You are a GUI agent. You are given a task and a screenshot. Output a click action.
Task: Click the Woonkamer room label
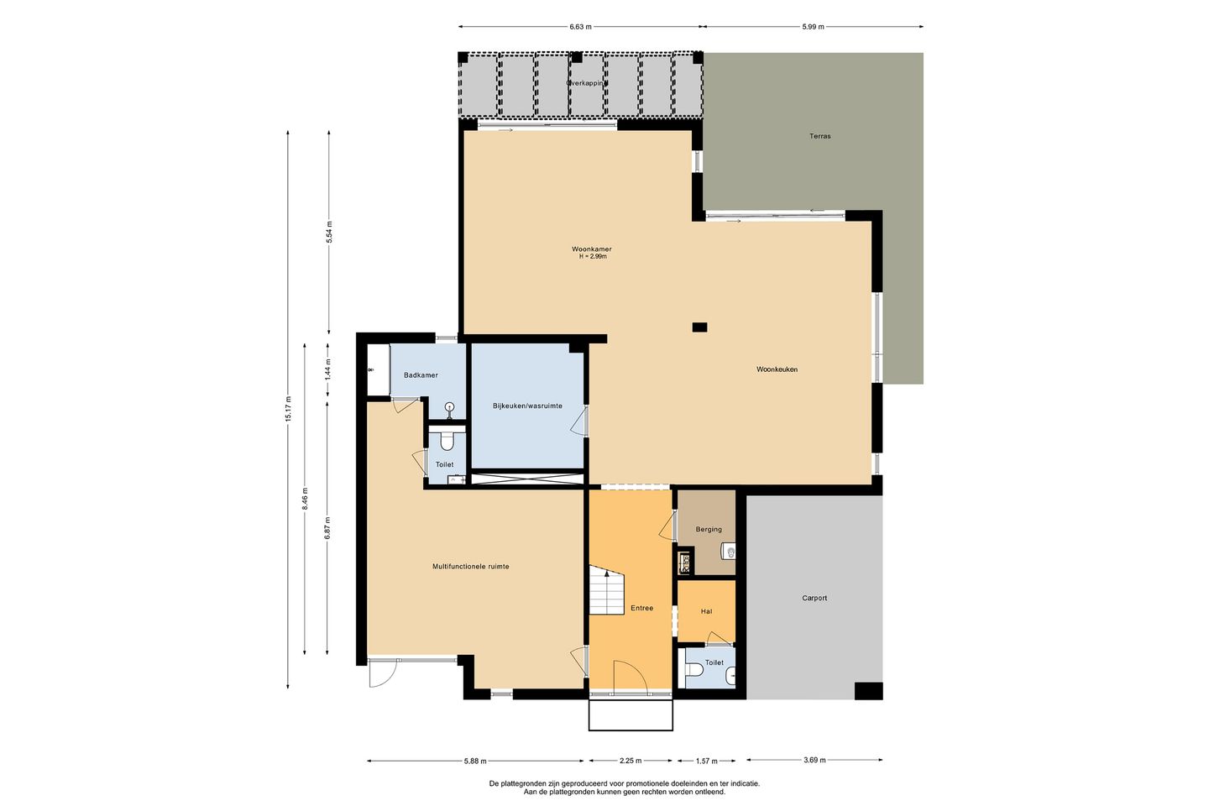(592, 249)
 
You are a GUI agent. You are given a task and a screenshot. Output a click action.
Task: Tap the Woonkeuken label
(777, 369)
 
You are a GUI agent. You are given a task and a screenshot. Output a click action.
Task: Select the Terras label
(820, 136)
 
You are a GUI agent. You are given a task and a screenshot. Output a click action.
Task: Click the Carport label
(814, 599)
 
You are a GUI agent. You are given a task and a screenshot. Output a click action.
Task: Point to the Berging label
(709, 530)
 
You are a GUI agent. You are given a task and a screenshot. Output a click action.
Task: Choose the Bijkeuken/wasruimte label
(527, 406)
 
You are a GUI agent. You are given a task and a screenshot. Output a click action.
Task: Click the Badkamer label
(421, 375)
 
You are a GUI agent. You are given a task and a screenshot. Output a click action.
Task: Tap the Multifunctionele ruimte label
(471, 567)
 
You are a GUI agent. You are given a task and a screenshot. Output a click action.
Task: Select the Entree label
(641, 608)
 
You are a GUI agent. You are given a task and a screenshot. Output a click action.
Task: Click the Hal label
(706, 612)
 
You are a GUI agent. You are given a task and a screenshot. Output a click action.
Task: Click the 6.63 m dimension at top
(580, 27)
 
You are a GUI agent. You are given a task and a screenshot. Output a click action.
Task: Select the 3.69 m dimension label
(814, 761)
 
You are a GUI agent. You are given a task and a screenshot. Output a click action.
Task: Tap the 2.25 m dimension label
(631, 761)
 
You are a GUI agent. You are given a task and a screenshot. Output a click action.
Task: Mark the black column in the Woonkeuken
(699, 327)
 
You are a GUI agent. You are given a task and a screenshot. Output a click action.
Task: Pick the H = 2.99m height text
(592, 257)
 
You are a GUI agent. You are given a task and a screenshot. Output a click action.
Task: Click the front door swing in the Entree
(629, 677)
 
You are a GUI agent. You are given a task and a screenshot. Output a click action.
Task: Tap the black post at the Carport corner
(868, 691)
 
